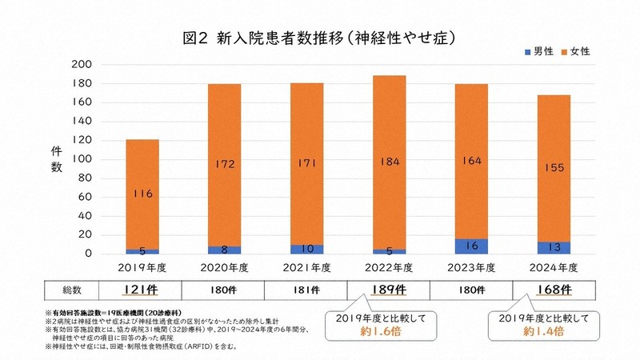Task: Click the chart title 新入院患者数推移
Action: coord(319,38)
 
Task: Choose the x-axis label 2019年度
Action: coord(142,267)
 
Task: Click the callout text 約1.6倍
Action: coord(390,331)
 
